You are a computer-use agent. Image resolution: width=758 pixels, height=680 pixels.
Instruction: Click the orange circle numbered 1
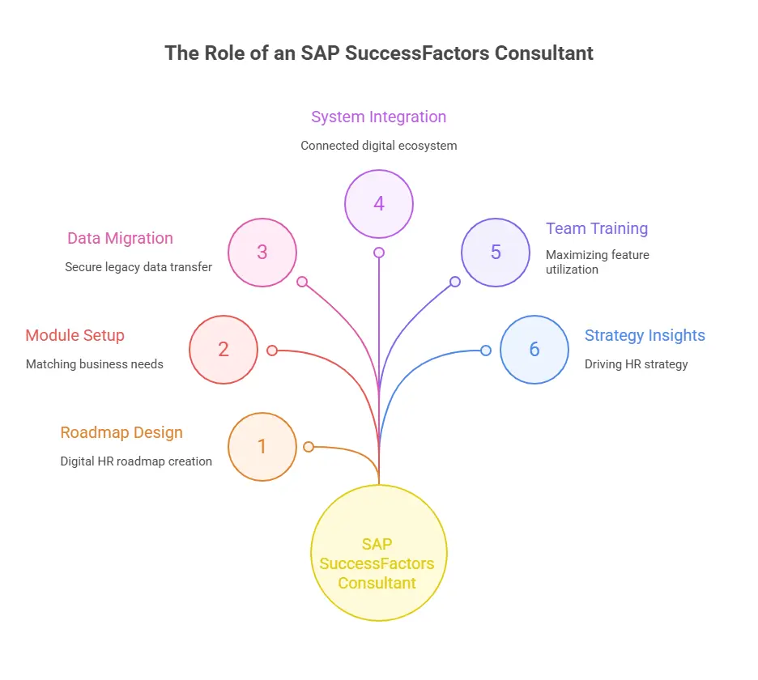[x=262, y=447]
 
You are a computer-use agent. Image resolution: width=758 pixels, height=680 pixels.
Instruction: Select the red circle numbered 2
[x=224, y=350]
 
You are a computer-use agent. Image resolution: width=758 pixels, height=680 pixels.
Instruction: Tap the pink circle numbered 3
[x=262, y=253]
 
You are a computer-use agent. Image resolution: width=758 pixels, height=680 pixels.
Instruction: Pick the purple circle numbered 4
[x=379, y=204]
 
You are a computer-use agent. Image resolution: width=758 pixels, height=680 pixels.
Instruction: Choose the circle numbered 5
[x=496, y=253]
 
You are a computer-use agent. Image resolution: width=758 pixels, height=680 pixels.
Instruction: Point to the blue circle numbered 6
[x=534, y=350]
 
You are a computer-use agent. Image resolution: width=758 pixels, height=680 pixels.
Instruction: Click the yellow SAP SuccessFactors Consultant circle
[x=378, y=553]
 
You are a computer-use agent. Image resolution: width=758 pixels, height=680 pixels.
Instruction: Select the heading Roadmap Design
[x=121, y=432]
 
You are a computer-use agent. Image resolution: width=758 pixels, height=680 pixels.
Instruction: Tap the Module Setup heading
[x=75, y=335]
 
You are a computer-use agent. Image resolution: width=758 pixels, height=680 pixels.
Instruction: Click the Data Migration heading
[x=120, y=238]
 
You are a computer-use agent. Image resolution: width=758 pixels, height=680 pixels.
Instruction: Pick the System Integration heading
[x=378, y=117]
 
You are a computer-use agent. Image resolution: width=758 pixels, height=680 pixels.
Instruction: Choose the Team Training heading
[x=597, y=228]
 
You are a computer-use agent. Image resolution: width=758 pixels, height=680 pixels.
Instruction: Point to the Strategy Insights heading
[x=645, y=335]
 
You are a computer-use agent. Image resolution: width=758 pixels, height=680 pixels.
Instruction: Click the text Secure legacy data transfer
[x=138, y=267]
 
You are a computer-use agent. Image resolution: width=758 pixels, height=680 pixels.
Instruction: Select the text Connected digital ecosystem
[x=378, y=146]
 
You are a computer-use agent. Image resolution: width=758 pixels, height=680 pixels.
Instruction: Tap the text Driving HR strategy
[x=636, y=364]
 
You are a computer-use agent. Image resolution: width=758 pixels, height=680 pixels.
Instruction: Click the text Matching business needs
[x=94, y=364]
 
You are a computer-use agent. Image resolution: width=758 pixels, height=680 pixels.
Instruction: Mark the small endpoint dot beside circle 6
[x=486, y=351]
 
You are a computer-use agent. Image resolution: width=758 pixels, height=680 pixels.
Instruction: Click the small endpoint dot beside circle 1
[x=308, y=447]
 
